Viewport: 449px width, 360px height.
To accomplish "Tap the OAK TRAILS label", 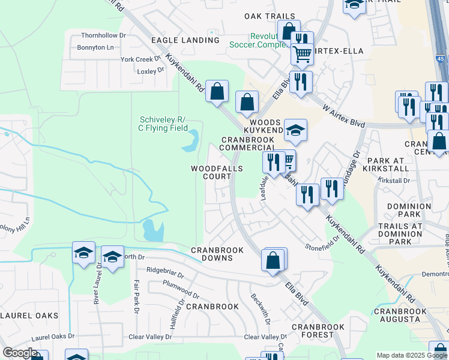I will [x=270, y=16].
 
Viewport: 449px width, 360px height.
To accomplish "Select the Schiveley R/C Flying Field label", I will [x=163, y=124].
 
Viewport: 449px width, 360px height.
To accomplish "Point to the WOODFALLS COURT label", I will [x=217, y=173].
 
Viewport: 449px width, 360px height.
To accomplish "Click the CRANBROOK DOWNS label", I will [x=217, y=254].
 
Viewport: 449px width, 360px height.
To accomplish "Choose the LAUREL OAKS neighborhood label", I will [x=29, y=316].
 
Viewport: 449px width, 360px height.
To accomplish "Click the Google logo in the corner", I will [x=20, y=353].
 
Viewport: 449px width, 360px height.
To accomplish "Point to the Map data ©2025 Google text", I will [x=411, y=355].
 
